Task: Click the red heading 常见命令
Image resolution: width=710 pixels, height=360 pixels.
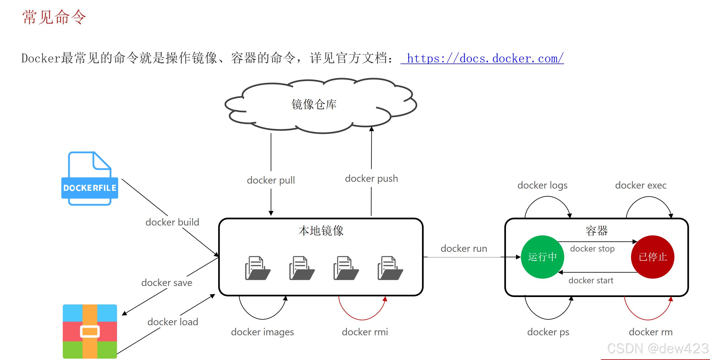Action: coord(54,17)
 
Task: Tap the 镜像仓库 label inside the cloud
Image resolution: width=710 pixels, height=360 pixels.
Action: coord(314,105)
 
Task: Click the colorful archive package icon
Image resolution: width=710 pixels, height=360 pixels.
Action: coord(90,331)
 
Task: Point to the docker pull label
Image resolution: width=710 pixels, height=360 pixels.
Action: coord(271,180)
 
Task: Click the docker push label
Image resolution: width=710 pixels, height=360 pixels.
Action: coord(371,178)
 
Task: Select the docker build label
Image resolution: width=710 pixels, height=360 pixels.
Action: coord(172,222)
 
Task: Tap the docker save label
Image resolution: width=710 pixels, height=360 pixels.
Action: coord(167,283)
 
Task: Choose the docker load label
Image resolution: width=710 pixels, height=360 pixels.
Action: coord(173,322)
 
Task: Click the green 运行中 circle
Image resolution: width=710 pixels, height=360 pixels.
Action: coord(542,257)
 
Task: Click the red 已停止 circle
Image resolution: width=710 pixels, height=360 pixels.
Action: coord(652,257)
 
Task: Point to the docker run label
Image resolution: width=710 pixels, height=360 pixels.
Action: coord(464,248)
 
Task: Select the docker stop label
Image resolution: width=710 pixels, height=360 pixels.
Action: coord(592,248)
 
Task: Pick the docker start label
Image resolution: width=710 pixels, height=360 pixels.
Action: coord(591,281)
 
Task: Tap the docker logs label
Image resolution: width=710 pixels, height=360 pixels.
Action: coord(542,185)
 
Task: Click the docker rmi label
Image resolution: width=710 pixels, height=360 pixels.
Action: coord(365,332)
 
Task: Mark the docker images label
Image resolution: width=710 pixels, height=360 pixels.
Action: coord(262,332)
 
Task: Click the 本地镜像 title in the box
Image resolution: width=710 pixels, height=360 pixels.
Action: coord(321,230)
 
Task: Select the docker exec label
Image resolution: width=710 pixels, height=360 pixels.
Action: coord(641,185)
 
